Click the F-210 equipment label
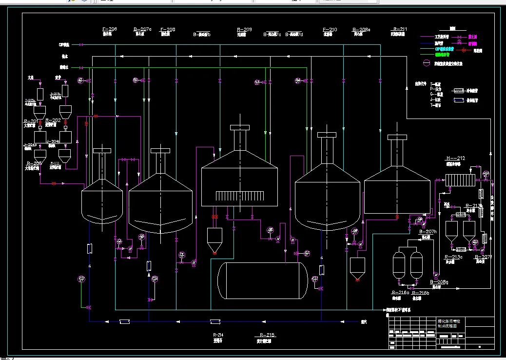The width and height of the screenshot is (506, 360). click(x=330, y=30)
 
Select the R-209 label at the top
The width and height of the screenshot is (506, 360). click(x=244, y=30)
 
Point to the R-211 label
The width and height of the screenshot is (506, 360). click(x=400, y=30)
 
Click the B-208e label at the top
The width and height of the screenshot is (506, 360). click(x=361, y=30)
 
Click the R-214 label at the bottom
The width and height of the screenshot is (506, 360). click(x=218, y=335)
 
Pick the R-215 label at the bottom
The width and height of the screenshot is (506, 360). click(x=267, y=335)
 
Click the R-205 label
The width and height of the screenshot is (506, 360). click(x=34, y=163)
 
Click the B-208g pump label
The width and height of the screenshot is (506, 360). click(x=439, y=282)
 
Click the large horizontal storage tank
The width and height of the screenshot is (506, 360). click(x=262, y=280)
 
